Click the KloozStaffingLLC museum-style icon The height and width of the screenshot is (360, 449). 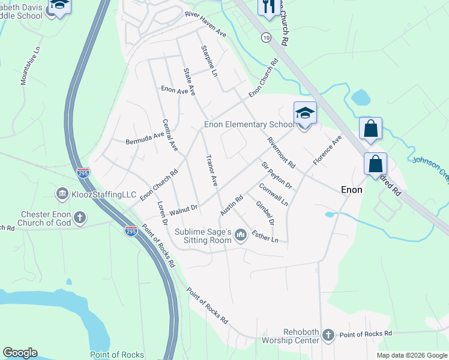tap(62, 194)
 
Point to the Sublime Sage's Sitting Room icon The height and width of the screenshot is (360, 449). tap(241, 235)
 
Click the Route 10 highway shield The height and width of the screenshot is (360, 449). tap(265, 37)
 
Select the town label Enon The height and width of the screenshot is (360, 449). tap(352, 189)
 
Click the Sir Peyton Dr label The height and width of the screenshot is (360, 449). tap(276, 175)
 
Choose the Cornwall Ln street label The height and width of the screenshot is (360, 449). tap(273, 194)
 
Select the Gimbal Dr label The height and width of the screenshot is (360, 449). tap(265, 212)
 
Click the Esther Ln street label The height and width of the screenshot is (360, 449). tap(265, 236)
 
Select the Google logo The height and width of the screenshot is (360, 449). tap(20, 353)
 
